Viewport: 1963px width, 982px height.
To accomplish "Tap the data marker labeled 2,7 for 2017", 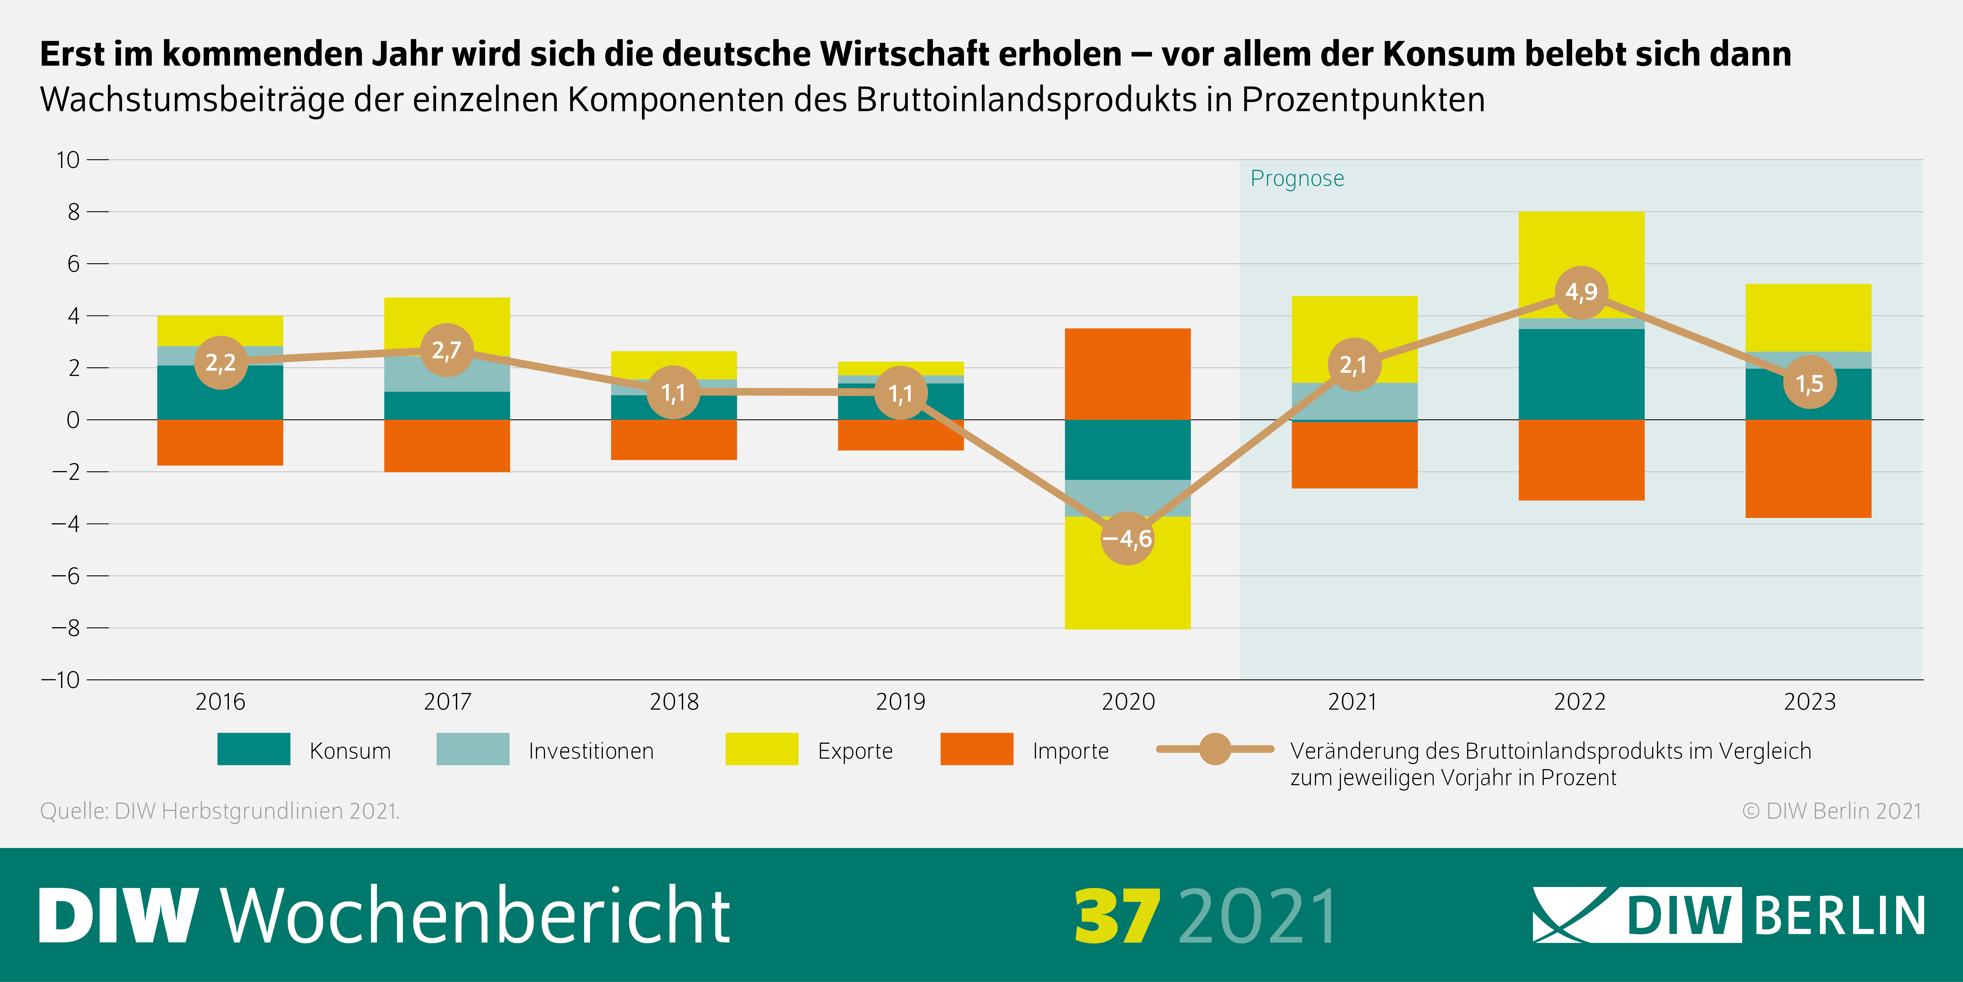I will (x=447, y=351).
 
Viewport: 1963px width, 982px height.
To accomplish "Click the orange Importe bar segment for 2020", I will (x=1127, y=374).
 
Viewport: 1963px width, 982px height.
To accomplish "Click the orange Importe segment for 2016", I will (x=220, y=442).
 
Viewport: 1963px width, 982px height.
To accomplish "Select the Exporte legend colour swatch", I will (x=761, y=750).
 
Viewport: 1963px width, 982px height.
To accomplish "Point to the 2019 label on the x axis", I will (x=900, y=701).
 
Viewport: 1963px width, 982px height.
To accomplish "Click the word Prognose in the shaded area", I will (x=1297, y=178).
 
